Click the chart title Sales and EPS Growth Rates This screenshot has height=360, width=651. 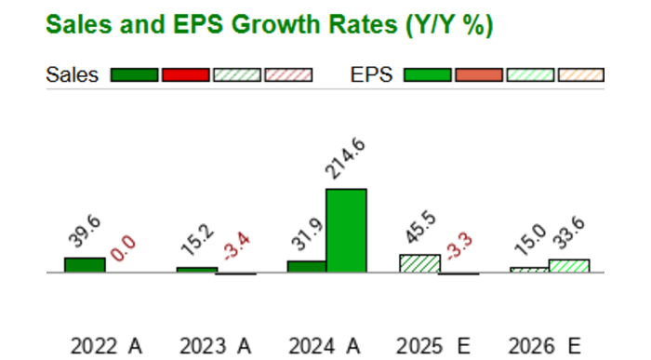click(x=269, y=25)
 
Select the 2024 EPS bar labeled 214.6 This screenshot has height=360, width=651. click(x=346, y=231)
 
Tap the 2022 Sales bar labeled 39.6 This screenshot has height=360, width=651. click(x=85, y=265)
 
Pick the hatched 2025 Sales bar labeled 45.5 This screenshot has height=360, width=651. click(x=418, y=263)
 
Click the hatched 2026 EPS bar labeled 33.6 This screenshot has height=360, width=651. click(x=569, y=266)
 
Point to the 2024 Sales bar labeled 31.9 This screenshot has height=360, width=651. click(x=306, y=267)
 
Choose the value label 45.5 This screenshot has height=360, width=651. click(x=419, y=232)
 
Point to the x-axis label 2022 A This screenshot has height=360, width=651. click(x=107, y=346)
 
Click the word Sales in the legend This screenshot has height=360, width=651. click(x=72, y=75)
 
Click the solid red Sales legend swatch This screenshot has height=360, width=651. click(x=185, y=75)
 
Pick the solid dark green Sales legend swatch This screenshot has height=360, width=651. click(x=134, y=75)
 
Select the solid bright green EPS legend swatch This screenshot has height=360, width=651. click(x=427, y=75)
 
